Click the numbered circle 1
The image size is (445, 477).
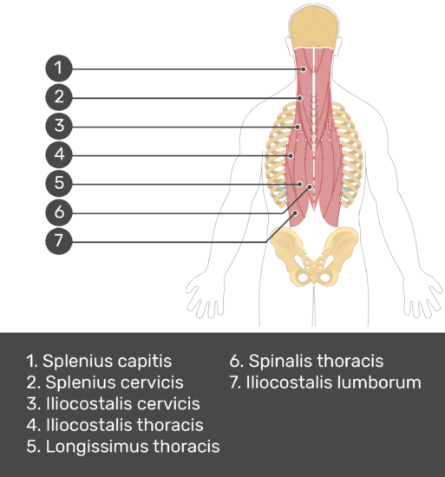coord(59,69)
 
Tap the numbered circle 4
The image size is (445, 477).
coord(59,154)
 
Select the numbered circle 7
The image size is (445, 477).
coord(59,241)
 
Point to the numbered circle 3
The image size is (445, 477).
coord(59,126)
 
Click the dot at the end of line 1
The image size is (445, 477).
coord(304,69)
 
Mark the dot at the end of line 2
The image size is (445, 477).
coord(300,98)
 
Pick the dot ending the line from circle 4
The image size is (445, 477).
coord(291,156)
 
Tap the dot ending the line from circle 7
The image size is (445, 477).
coord(295,213)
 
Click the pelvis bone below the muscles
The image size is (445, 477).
coord(314,256)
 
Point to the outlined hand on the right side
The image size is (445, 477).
coord(422,297)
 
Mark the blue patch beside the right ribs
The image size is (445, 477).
coord(346,194)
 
